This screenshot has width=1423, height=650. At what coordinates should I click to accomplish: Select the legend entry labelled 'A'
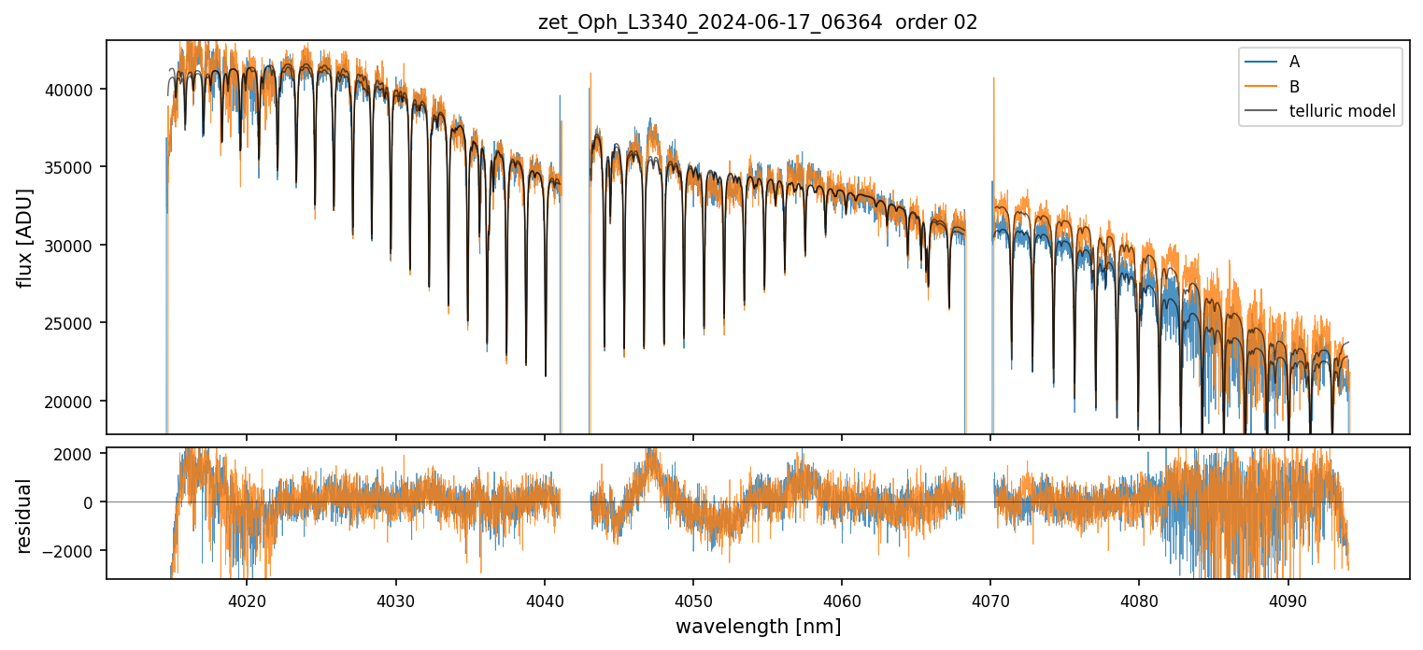1294,63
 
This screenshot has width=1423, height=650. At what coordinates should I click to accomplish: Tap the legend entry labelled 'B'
1294,87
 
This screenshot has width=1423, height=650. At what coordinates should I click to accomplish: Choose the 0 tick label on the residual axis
91,502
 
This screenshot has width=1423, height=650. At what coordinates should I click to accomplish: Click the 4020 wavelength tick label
247,598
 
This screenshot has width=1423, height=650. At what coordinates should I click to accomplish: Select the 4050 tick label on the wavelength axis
692,598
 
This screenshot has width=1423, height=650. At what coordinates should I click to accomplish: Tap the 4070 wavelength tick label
990,598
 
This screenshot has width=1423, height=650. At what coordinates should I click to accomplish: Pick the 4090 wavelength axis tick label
1288,598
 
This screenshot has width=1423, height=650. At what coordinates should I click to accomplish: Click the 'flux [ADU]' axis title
25,237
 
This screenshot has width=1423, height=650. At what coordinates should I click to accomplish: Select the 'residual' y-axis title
25,515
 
